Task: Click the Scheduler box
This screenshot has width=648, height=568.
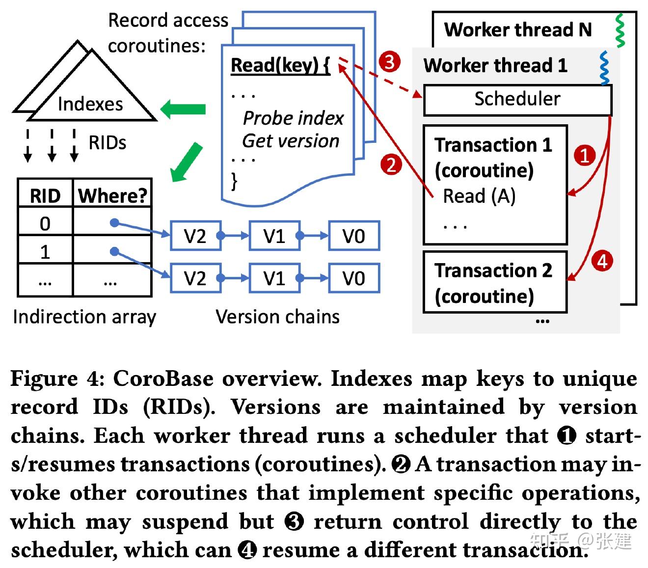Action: tap(517, 100)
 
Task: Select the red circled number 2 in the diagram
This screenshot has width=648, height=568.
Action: tap(391, 165)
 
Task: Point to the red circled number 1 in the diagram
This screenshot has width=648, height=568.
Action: tap(584, 156)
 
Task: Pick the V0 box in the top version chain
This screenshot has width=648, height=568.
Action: tap(354, 235)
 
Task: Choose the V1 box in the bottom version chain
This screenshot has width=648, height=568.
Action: tap(274, 277)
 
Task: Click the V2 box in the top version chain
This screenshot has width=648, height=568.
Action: tap(195, 235)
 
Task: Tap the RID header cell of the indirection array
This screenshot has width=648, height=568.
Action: tap(46, 193)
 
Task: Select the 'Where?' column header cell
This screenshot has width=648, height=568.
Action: tap(112, 193)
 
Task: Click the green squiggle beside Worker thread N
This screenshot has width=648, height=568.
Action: tap(620, 31)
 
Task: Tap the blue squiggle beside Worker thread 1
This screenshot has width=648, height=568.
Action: tap(604, 68)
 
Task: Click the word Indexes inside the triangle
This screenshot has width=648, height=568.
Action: tap(90, 104)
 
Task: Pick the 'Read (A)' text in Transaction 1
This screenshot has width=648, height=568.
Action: tap(479, 196)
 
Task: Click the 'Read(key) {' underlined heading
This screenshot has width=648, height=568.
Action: tap(280, 66)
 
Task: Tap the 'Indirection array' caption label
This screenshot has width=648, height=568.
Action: tap(84, 317)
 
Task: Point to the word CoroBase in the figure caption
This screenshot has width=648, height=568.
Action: tap(163, 379)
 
